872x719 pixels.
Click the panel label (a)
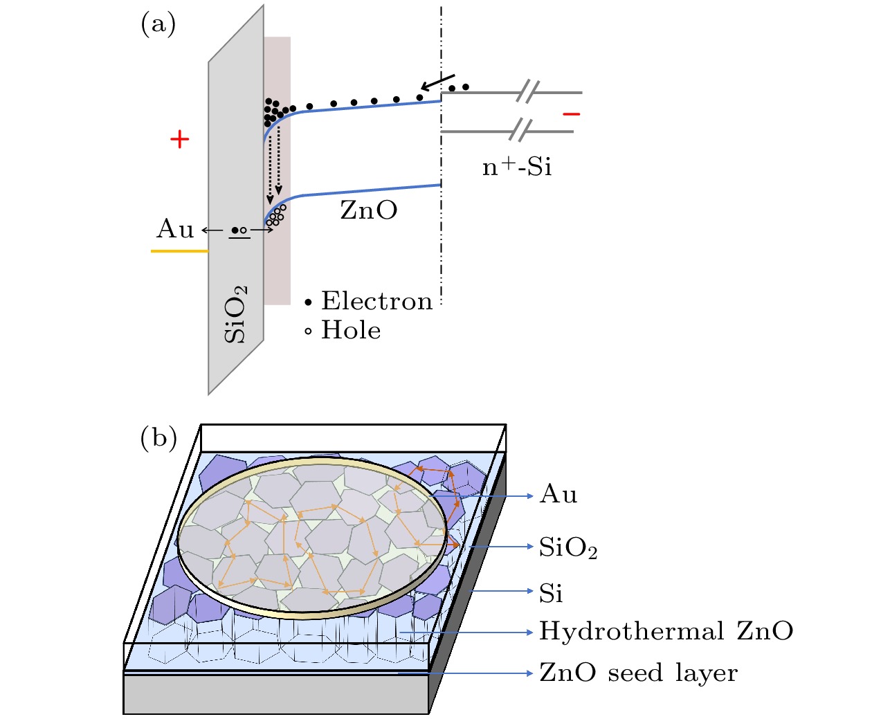(x=158, y=25)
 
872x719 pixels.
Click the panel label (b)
(x=158, y=438)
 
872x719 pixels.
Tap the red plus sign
(x=180, y=140)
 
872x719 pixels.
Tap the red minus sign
(x=571, y=114)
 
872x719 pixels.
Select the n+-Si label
(x=517, y=167)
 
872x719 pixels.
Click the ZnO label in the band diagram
(x=369, y=210)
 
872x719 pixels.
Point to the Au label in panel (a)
(x=175, y=229)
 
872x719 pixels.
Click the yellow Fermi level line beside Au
(x=179, y=251)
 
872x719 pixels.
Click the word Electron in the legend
(x=377, y=301)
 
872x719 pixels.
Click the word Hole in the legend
(x=351, y=331)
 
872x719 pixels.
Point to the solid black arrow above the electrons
(x=437, y=82)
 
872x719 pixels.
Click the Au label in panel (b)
(x=558, y=495)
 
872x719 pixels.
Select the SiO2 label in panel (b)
(x=568, y=548)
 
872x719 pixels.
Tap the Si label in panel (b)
(x=551, y=593)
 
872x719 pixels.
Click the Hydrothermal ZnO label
(x=666, y=631)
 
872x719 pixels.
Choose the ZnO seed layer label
(x=638, y=673)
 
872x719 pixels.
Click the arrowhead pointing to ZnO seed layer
(x=529, y=673)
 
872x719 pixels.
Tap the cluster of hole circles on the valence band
(x=276, y=215)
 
